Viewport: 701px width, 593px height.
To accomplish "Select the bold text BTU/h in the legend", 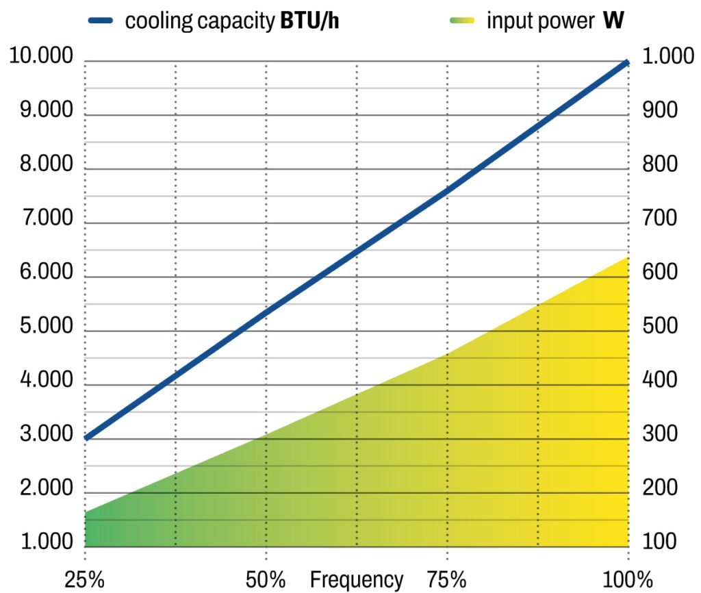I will click(309, 21).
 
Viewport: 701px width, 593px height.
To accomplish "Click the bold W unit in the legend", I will click(613, 21).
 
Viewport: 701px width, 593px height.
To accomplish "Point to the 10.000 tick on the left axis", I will click(41, 57).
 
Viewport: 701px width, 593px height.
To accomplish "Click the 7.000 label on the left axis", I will click(41, 219).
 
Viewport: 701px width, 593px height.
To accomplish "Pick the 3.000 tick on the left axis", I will click(41, 435).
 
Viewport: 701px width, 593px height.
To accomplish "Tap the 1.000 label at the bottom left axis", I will click(41, 542).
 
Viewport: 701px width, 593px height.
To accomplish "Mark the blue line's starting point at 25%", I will click(86, 438).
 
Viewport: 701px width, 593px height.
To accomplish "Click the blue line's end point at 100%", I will click(626, 63).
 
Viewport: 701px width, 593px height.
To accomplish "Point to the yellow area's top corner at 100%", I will click(627, 257).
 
